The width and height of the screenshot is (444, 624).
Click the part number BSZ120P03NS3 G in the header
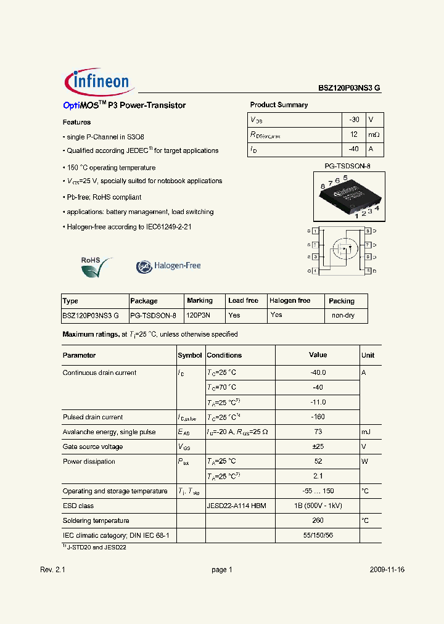pos(349,88)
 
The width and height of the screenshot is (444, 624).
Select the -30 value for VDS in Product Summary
pos(353,119)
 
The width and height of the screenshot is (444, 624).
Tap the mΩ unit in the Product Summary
pos(374,134)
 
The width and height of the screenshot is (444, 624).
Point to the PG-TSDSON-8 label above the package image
pos(347,166)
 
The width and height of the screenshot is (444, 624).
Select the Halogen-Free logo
pos(168,266)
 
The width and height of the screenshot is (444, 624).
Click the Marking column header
pos(199,301)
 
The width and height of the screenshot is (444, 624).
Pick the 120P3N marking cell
pos(198,315)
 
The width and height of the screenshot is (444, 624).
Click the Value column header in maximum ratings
pos(318,355)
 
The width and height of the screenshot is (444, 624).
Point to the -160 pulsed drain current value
pos(318,417)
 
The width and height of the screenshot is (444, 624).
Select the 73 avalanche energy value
pos(318,432)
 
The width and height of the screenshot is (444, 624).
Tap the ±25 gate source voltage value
pos(318,447)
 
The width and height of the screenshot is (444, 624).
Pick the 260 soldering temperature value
pos(318,521)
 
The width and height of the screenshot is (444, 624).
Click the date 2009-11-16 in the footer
pos(387,570)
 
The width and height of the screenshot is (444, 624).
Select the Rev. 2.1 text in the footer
pos(52,570)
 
